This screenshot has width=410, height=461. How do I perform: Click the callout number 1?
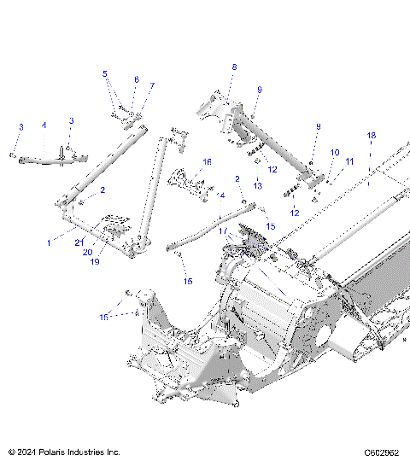[49, 243]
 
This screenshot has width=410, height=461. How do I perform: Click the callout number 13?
[256, 185]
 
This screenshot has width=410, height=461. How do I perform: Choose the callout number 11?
[348, 160]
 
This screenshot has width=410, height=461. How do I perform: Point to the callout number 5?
[105, 73]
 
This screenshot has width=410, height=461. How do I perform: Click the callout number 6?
[135, 79]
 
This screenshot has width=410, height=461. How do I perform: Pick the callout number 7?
[152, 86]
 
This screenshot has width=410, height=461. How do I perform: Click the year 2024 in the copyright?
[27, 452]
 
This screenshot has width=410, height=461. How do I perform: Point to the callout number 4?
[44, 125]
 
